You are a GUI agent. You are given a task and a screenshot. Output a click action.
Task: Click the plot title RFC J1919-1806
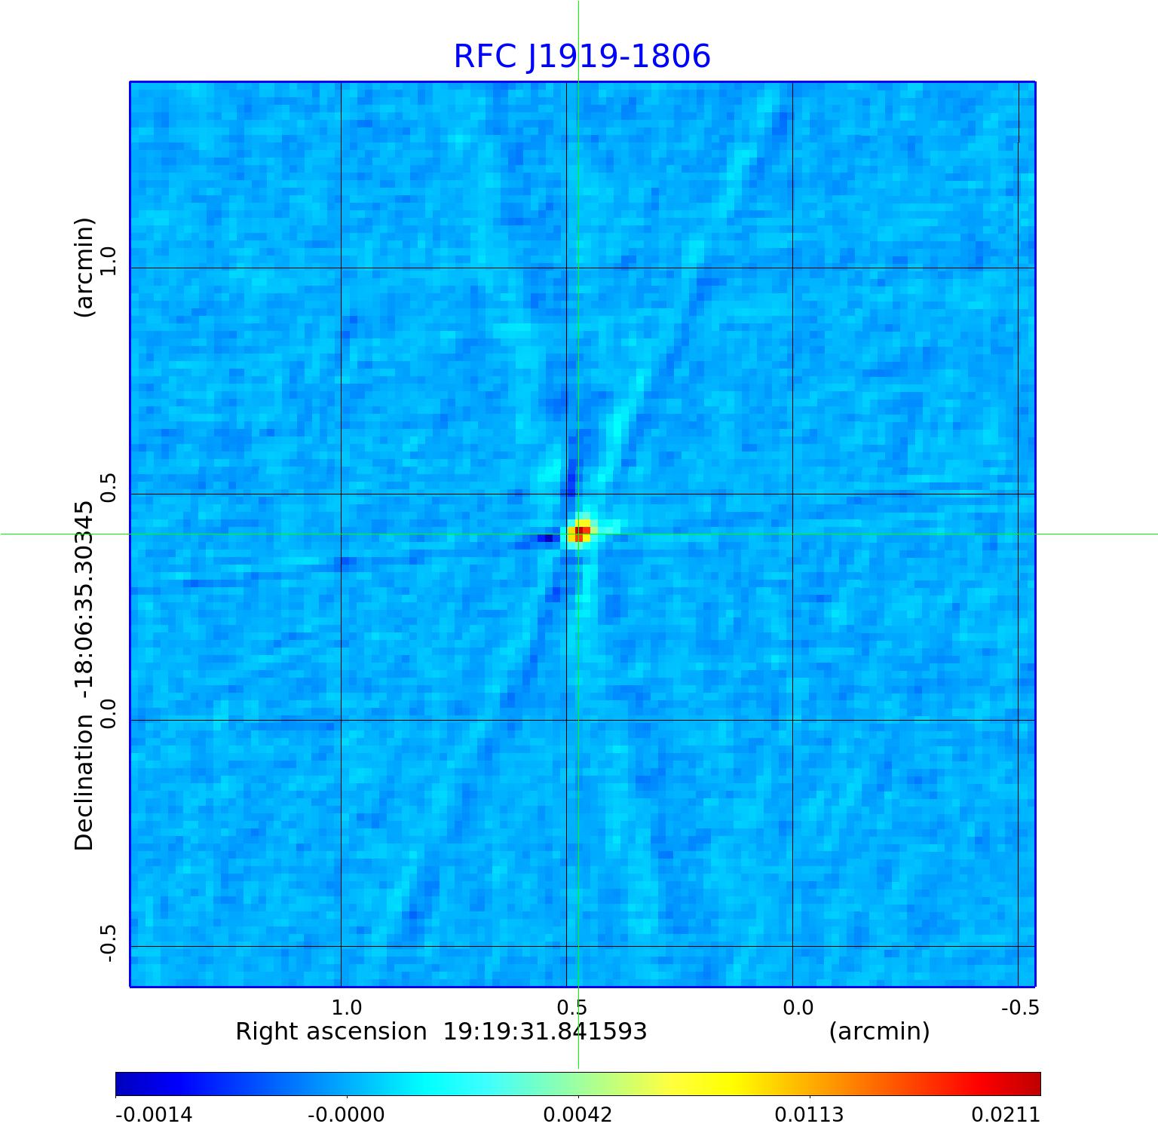(581, 57)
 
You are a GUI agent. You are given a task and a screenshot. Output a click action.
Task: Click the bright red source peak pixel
(581, 533)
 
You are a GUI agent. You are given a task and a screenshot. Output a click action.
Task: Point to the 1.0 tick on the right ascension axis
(347, 1007)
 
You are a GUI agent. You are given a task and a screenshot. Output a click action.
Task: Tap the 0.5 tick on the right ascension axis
(572, 1007)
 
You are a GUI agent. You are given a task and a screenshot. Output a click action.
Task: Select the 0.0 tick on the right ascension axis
(798, 1007)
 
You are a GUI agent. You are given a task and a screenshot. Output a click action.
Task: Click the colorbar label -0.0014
(154, 1114)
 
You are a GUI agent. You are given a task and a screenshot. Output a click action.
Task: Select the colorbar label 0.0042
(577, 1114)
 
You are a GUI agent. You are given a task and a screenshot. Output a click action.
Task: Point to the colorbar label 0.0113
(809, 1114)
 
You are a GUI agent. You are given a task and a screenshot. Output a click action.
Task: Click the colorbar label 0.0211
(1005, 1114)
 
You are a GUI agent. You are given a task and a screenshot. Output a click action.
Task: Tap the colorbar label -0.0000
(346, 1114)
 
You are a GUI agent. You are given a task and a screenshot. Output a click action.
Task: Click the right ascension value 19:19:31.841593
(544, 1031)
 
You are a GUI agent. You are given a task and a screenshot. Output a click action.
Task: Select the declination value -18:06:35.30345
(84, 602)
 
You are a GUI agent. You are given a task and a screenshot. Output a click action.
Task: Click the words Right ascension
(331, 1031)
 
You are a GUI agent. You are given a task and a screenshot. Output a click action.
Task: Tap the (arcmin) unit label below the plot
(879, 1031)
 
